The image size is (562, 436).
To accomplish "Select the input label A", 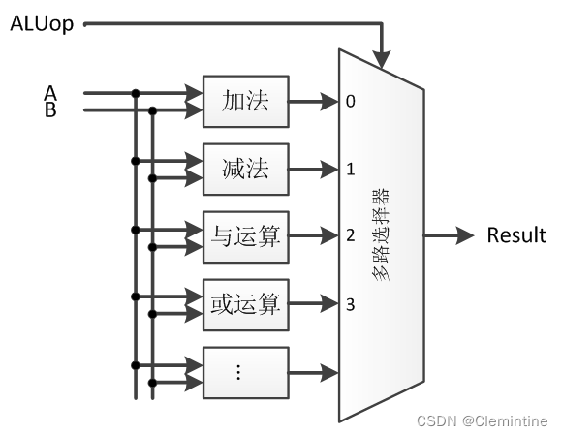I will pyautogui.click(x=50, y=93).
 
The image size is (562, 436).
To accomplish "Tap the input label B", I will pyautogui.click(x=50, y=109).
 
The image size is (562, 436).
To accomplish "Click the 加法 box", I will pyautogui.click(x=245, y=101).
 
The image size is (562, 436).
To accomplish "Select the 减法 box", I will pyautogui.click(x=245, y=169).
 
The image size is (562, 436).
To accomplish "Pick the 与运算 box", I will pyautogui.click(x=245, y=235).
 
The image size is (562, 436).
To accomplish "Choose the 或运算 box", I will pyautogui.click(x=245, y=303).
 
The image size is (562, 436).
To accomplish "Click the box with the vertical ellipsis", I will pyautogui.click(x=245, y=371).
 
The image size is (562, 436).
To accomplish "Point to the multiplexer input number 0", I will pyautogui.click(x=351, y=101).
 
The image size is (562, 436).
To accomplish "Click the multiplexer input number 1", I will pyautogui.click(x=351, y=169).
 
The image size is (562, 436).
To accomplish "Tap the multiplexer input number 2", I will pyautogui.click(x=351, y=235).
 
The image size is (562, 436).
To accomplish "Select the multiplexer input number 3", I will pyautogui.click(x=351, y=303).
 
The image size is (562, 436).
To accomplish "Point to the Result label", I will pyautogui.click(x=515, y=235).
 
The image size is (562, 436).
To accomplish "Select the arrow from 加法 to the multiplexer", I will pyautogui.click(x=312, y=101).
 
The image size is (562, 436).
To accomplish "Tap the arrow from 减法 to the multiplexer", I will pyautogui.click(x=312, y=169).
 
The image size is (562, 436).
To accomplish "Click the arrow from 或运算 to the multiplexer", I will pyautogui.click(x=312, y=303).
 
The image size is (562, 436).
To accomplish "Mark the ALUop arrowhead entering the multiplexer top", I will pyautogui.click(x=385, y=60).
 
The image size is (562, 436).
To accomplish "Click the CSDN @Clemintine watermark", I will pyautogui.click(x=482, y=420).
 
